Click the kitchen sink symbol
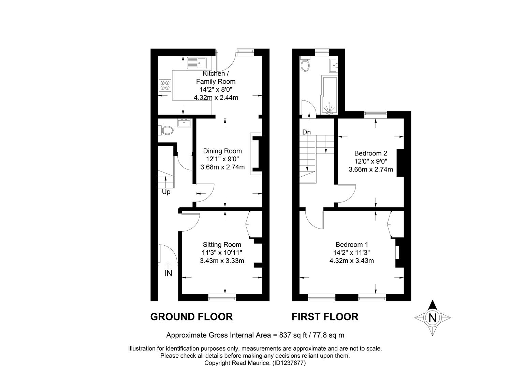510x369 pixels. pyautogui.click(x=197, y=63)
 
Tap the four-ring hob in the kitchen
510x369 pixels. pyautogui.click(x=165, y=85)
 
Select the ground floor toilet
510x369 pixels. pyautogui.click(x=167, y=131)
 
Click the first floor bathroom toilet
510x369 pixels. pyautogui.click(x=305, y=64)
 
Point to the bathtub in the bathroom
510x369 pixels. pyautogui.click(x=329, y=96)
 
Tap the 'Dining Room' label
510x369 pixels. pyautogui.click(x=222, y=151)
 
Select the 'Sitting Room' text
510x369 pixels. pyautogui.click(x=222, y=245)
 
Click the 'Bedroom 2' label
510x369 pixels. pyautogui.click(x=371, y=153)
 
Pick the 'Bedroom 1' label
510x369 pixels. pyautogui.click(x=352, y=245)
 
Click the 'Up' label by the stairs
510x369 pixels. pyautogui.click(x=166, y=192)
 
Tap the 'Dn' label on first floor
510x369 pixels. pyautogui.click(x=306, y=132)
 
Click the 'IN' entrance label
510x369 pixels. pyautogui.click(x=168, y=273)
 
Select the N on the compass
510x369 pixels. pyautogui.click(x=432, y=318)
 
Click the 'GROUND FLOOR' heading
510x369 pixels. pyautogui.click(x=191, y=317)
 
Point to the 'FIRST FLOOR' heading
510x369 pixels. pyautogui.click(x=325, y=317)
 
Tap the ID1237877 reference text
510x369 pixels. pyautogui.click(x=289, y=363)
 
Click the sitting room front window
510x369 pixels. pyautogui.click(x=222, y=297)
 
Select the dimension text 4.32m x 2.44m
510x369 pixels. pyautogui.click(x=216, y=98)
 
